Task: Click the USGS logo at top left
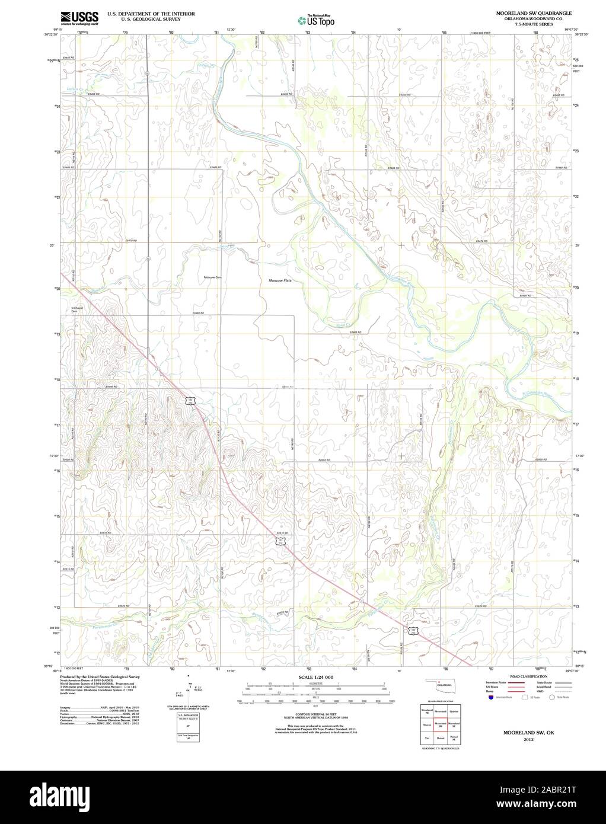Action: (x=79, y=18)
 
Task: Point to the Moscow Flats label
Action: (x=280, y=280)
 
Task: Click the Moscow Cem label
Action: (x=212, y=277)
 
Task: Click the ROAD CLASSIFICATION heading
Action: (x=524, y=676)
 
